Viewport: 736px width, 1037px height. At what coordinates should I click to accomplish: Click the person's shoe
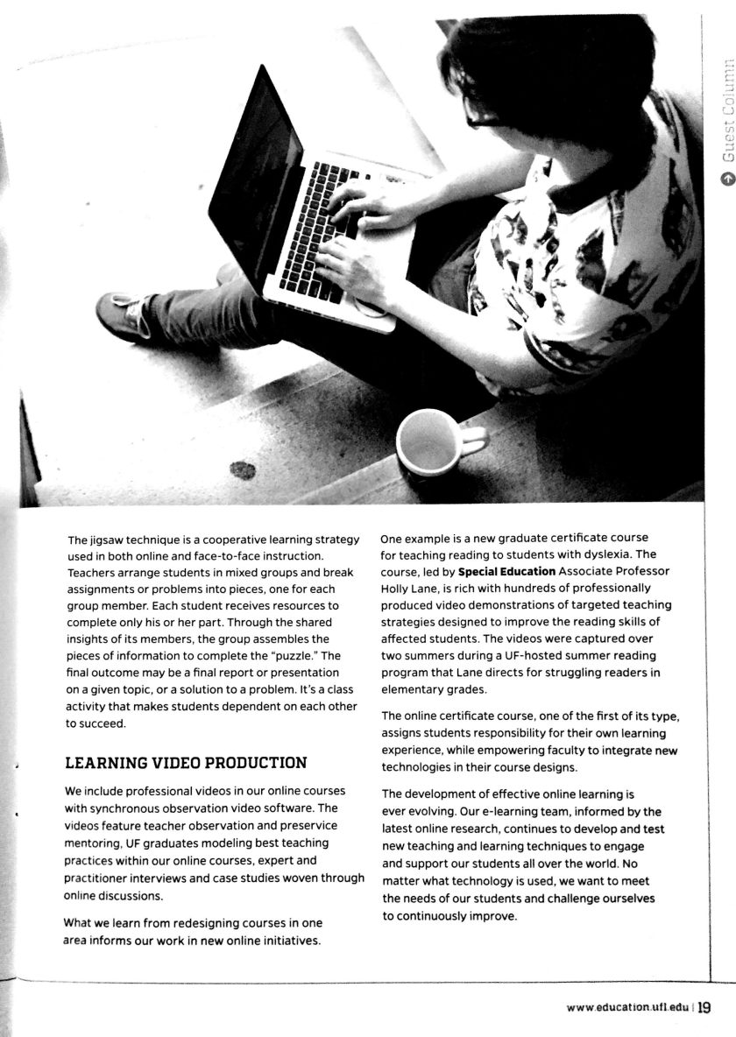123,316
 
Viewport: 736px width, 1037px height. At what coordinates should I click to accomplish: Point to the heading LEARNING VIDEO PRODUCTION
186,763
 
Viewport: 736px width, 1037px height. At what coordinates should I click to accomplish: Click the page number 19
704,1007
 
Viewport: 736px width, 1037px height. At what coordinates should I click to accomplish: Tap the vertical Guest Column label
725,109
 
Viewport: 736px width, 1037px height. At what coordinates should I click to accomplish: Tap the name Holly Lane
410,588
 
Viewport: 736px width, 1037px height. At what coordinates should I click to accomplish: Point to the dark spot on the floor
243,470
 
